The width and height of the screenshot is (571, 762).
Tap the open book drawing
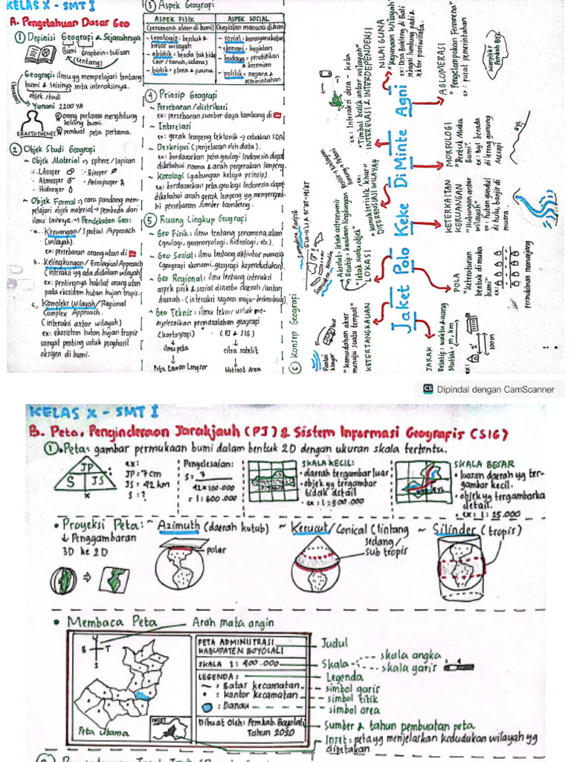coord(39,54)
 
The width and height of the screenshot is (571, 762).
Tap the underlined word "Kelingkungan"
coord(62,263)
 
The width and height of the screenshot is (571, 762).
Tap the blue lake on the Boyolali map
coord(141,695)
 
